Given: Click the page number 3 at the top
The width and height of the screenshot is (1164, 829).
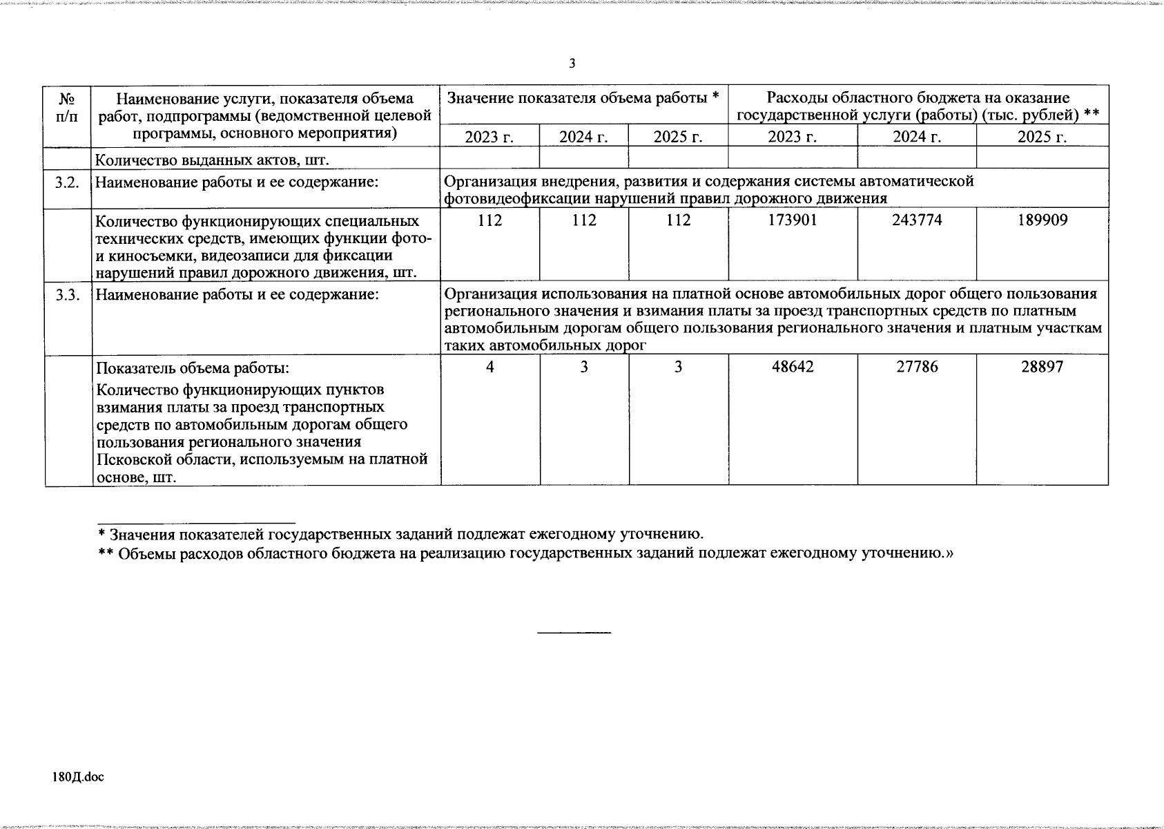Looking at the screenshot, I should (572, 64).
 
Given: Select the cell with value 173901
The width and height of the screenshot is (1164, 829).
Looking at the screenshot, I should (793, 220).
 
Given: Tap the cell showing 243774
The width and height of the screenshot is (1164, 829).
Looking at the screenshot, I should (917, 220).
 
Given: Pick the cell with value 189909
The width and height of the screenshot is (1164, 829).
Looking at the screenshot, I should (1042, 220).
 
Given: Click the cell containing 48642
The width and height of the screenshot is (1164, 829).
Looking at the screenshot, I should (793, 367).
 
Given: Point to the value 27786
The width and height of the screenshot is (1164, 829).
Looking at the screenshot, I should (917, 367).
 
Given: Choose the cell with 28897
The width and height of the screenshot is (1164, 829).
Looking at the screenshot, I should (1042, 367).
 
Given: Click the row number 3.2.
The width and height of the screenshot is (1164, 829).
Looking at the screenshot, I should (68, 182).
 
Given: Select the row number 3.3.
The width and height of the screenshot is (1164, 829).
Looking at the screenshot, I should (68, 295).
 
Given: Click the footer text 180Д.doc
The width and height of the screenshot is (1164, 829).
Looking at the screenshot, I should (78, 777).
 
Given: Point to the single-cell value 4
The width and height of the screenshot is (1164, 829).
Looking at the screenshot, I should (489, 367).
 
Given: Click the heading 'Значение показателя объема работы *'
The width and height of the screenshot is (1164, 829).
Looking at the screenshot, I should (583, 98).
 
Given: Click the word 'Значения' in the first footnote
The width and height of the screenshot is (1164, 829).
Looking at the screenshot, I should (141, 534).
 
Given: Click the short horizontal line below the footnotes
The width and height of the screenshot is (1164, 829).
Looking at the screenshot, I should (574, 633).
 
